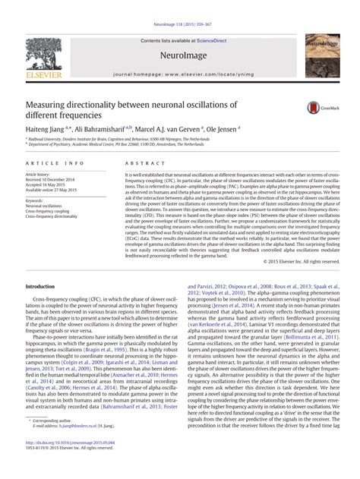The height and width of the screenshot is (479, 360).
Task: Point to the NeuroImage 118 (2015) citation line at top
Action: click(179, 5)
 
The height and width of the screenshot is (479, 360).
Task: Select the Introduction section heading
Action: click(46, 286)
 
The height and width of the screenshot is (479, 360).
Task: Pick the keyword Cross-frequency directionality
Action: click(59, 218)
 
